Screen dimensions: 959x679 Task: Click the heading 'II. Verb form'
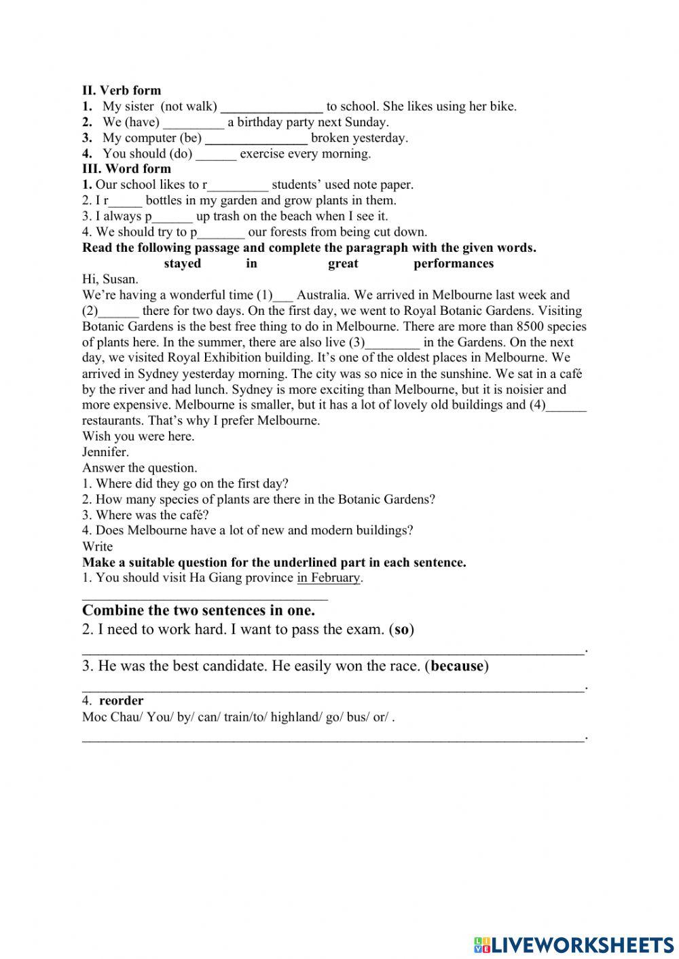click(122, 90)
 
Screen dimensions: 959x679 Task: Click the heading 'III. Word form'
click(126, 168)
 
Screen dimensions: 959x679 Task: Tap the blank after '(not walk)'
click(272, 107)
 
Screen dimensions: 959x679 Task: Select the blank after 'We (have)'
click(194, 123)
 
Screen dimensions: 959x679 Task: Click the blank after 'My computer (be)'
click(256, 138)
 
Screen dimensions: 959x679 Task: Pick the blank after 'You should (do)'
click(216, 154)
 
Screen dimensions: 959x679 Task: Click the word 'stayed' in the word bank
click(182, 263)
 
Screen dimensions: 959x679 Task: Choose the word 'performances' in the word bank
click(454, 263)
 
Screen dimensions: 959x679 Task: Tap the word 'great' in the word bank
click(343, 263)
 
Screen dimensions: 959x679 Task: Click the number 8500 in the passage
click(530, 326)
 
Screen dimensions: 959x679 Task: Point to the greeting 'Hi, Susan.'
click(110, 279)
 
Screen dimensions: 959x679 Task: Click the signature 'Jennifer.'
click(105, 452)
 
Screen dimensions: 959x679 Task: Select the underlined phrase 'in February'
click(329, 578)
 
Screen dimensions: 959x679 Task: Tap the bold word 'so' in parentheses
click(402, 629)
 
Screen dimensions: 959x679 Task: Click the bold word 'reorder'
click(121, 700)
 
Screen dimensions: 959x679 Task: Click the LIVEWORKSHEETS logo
click(574, 944)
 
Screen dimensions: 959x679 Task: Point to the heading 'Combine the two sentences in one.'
click(198, 610)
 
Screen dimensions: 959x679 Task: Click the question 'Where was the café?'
click(145, 514)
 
